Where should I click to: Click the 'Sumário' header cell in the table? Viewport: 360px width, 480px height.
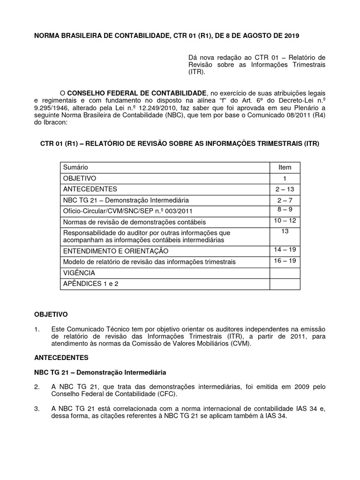pos(75,167)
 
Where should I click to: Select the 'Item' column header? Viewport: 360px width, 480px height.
pos(285,167)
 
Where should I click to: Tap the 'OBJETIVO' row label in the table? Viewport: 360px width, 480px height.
pos(79,179)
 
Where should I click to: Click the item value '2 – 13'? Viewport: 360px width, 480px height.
pos(285,189)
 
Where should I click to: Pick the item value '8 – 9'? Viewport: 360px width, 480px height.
pos(285,210)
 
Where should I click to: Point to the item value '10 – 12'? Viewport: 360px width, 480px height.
pos(285,220)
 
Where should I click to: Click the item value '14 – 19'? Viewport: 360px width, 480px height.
pos(285,249)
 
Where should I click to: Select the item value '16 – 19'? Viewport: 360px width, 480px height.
pos(285,261)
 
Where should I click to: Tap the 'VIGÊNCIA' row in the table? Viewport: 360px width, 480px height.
pos(79,273)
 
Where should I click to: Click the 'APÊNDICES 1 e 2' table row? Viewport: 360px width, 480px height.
pos(90,284)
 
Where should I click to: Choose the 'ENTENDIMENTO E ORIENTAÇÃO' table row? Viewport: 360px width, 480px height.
pos(115,251)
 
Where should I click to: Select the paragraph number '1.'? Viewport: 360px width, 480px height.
pos(37,329)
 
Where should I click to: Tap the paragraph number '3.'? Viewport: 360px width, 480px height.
pos(37,409)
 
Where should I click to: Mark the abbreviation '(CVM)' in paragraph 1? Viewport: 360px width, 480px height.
pos(239,344)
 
